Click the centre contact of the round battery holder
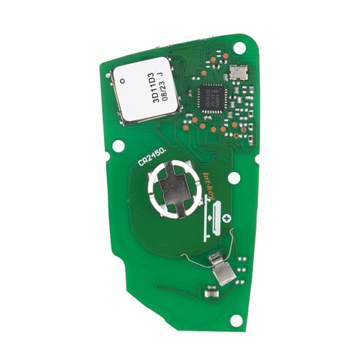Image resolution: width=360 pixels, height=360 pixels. (x=172, y=190)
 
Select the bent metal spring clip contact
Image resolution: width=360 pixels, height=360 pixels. (x=223, y=268)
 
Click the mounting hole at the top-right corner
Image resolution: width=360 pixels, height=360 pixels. (x=240, y=47)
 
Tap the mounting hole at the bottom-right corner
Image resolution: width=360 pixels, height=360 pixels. (x=236, y=319)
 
